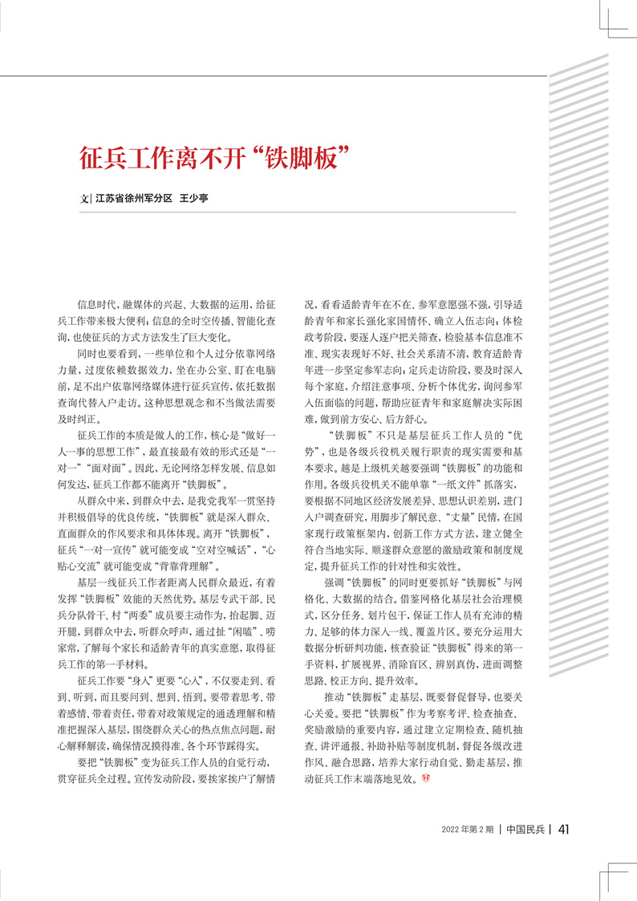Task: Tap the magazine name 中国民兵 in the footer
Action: point(525,830)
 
